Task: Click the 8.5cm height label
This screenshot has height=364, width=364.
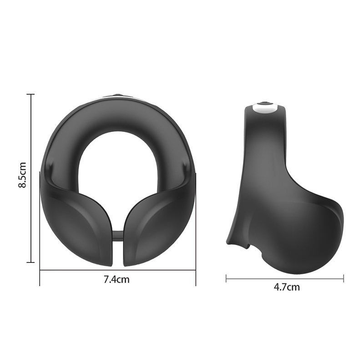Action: coord(22,175)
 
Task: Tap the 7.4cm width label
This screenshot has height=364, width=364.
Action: coord(116,279)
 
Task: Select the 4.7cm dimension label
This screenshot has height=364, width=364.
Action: coord(287,287)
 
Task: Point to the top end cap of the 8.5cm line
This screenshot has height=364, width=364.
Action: coord(30,95)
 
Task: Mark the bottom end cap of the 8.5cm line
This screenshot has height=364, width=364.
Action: coord(30,263)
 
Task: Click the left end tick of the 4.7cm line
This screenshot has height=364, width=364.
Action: coord(226,278)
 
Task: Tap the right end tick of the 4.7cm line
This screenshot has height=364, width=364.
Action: coord(344,278)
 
